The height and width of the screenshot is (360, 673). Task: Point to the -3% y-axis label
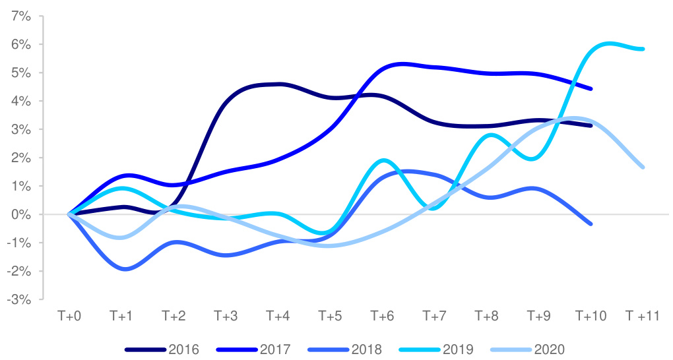click(x=20, y=299)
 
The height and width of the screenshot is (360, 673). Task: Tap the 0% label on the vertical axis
click(x=22, y=214)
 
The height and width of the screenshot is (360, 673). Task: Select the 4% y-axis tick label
click(x=22, y=101)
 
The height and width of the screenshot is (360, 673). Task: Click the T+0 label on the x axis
click(x=69, y=316)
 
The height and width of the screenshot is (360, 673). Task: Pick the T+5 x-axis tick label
click(x=330, y=316)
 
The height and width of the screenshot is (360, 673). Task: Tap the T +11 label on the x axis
click(x=642, y=316)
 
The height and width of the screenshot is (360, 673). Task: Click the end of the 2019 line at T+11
click(x=642, y=49)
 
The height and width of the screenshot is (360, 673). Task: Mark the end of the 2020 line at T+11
click(x=642, y=167)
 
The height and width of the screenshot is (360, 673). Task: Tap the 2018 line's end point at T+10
click(x=591, y=224)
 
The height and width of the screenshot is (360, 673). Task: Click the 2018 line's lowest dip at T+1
click(x=124, y=269)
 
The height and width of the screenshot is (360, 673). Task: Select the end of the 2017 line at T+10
click(x=591, y=88)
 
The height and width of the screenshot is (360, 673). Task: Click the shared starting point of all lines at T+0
click(x=69, y=214)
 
